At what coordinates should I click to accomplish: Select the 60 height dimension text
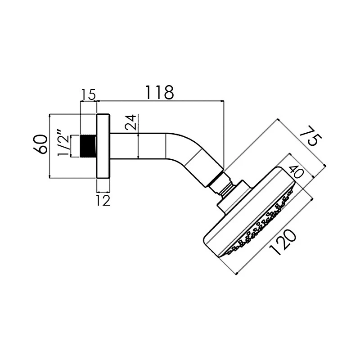coord(40,144)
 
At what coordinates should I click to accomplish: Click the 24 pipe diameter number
coord(130,122)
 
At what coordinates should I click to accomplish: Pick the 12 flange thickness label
coord(103,200)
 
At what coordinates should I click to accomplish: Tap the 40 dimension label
coord(295,173)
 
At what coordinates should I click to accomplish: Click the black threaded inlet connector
coord(89,146)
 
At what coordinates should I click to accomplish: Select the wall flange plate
coord(103,146)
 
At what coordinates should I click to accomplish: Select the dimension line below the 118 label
coord(160,101)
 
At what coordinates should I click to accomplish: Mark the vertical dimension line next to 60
coord(49,146)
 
